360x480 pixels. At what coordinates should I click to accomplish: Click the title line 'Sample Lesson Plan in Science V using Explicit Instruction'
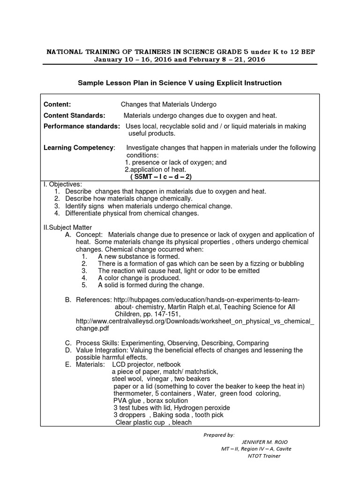(180, 83)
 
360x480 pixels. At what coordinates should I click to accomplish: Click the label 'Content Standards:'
(74, 115)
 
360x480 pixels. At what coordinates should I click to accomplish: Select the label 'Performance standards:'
(82, 126)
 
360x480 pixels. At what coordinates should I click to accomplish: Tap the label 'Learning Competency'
(79, 148)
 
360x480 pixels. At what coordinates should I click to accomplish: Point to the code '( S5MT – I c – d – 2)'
(161, 177)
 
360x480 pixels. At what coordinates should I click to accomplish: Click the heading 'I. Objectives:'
(62, 184)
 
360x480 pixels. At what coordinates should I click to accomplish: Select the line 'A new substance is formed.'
(139, 256)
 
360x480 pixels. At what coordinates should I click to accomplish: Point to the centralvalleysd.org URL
(195, 321)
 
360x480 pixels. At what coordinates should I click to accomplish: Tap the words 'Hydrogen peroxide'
(202, 407)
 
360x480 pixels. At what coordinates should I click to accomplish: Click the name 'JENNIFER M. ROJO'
(265, 442)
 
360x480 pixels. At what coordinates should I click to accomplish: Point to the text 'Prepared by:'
(219, 435)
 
